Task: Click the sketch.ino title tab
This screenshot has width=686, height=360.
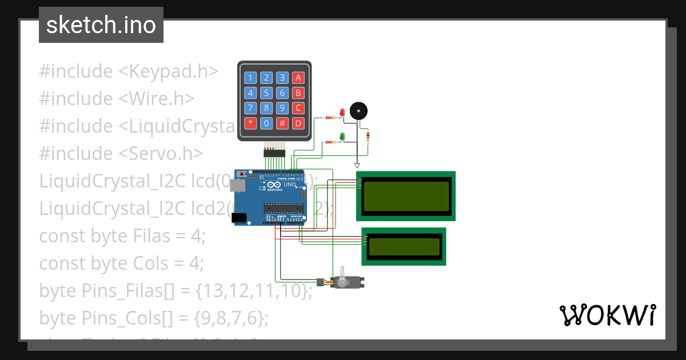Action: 101,25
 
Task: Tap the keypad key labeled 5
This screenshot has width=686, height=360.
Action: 266,93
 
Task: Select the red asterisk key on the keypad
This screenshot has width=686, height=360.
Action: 250,122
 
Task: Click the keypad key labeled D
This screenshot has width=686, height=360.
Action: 297,122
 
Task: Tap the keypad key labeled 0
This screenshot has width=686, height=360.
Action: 266,122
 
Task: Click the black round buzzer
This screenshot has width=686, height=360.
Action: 358,111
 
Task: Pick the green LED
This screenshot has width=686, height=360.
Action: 342,136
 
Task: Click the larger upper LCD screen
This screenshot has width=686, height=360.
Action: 406,196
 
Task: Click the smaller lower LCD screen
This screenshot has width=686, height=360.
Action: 404,246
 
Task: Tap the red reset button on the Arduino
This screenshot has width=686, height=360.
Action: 242,174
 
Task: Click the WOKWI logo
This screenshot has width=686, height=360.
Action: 607,315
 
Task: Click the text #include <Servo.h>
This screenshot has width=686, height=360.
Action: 121,153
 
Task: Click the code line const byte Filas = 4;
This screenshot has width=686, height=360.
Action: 122,235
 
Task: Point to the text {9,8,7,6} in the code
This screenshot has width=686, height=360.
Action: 231,318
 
